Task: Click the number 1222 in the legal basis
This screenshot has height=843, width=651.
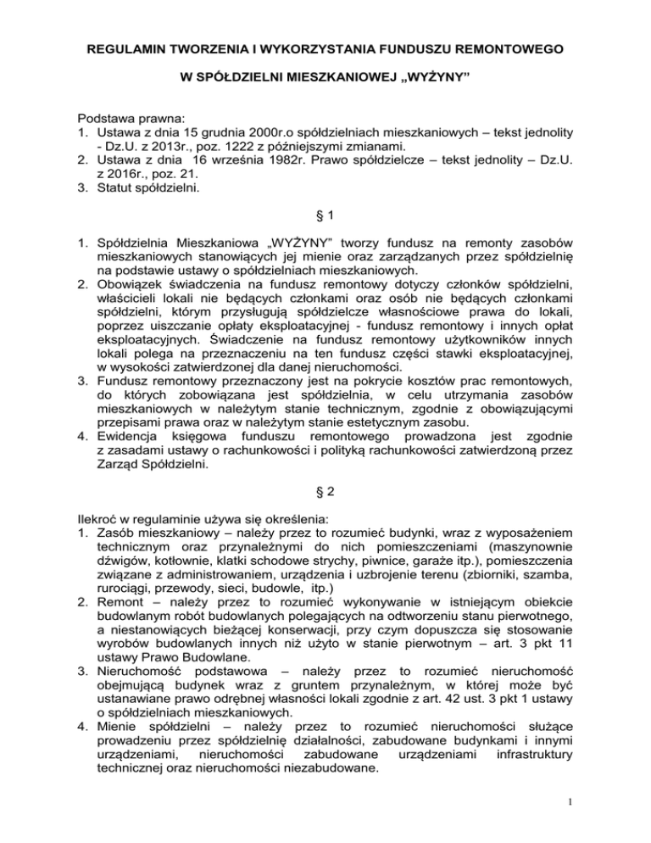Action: click(248, 152)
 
